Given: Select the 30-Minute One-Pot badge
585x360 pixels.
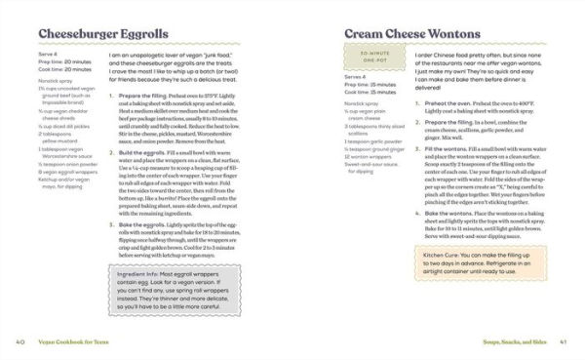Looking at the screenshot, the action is (369, 60).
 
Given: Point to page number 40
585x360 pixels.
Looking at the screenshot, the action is (19, 342).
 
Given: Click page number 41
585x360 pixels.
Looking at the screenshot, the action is (565, 342).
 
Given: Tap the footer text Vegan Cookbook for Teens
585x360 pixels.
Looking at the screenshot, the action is (76, 342).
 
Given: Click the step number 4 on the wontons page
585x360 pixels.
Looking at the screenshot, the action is (416, 212).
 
